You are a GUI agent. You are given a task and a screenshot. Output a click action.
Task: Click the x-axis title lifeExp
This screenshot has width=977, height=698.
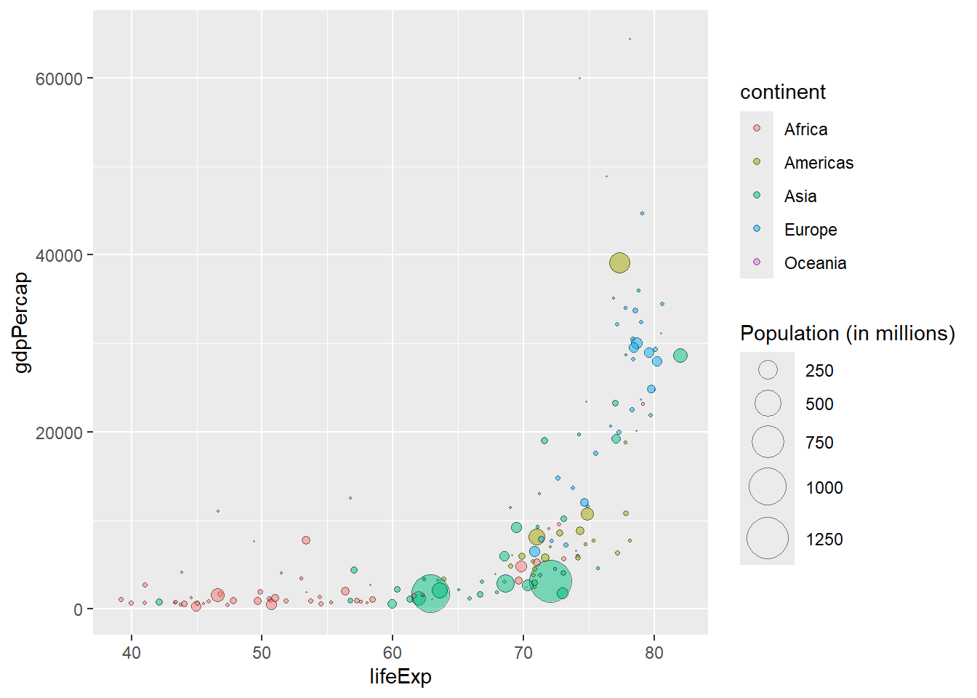coord(400,677)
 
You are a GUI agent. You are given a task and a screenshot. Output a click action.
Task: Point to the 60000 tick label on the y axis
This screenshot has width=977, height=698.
coord(59,79)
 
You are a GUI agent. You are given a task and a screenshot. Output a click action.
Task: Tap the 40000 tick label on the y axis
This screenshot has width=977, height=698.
coord(59,255)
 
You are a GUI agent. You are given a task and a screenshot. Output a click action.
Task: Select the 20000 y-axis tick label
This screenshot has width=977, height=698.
coord(59,433)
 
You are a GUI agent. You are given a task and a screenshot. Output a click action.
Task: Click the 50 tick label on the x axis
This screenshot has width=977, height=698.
coord(262,653)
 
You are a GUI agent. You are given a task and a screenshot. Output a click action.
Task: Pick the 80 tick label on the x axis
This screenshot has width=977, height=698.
coord(654,653)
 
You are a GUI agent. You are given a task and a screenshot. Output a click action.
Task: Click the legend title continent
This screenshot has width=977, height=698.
coord(782,92)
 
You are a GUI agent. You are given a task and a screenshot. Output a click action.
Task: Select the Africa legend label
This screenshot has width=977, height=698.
coord(805,129)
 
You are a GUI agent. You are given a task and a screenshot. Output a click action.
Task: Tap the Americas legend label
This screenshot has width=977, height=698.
coord(819,163)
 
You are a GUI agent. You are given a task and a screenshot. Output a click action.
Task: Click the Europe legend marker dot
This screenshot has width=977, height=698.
coord(757,229)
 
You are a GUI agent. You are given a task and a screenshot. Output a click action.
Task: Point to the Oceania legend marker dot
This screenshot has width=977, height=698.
coord(757,262)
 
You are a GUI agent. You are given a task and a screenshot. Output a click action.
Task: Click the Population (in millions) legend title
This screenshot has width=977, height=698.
coord(847,334)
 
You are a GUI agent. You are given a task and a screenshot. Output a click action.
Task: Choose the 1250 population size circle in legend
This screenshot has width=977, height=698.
coord(768,539)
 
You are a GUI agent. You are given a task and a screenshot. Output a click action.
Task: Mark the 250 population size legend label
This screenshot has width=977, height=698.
coord(819,371)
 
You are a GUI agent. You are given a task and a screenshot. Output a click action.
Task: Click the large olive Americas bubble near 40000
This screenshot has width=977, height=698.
coord(619,263)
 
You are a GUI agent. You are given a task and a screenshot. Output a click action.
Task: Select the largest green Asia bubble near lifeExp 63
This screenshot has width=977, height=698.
coord(430,593)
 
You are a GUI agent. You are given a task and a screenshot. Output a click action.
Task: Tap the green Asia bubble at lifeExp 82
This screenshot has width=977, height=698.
coord(680,356)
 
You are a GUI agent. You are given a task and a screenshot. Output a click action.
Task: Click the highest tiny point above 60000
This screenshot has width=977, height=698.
coord(630,39)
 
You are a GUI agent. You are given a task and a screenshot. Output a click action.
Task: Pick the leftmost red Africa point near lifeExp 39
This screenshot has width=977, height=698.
coord(121,600)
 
